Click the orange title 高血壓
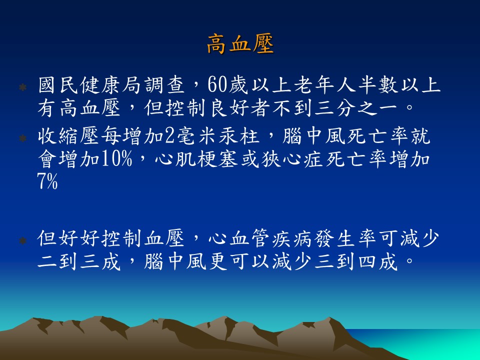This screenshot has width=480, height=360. pyautogui.click(x=240, y=44)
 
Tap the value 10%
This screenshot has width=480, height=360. pyautogui.click(x=116, y=159)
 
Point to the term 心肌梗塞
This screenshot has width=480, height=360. pyautogui.click(x=196, y=159)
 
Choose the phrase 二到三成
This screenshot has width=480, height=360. pyautogui.click(x=79, y=261)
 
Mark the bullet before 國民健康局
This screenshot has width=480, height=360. pyautogui.click(x=22, y=87)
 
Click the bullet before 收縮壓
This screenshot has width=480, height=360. pyautogui.click(x=22, y=138)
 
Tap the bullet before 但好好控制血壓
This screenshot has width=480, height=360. pyautogui.click(x=22, y=240)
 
